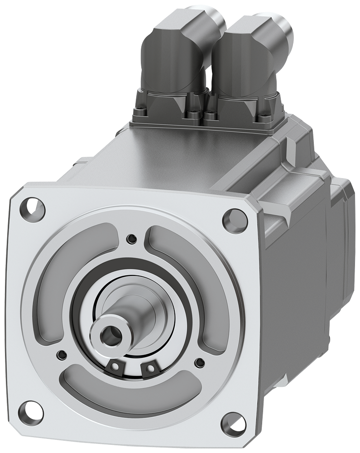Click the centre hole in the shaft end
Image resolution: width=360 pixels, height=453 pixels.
coord(108,335)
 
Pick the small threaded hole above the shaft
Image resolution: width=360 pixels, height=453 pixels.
coord(131,238)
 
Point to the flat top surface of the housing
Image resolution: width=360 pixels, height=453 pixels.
coord(181,154)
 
